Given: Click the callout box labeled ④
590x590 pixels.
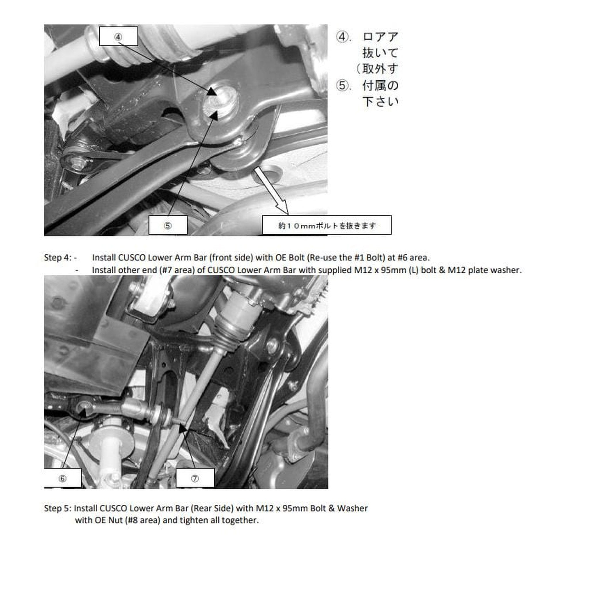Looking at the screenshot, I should (x=118, y=36).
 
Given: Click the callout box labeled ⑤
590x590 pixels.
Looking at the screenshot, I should (x=168, y=225).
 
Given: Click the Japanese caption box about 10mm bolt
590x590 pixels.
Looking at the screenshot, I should (x=326, y=225).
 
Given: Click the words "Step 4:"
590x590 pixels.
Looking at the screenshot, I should (x=57, y=258).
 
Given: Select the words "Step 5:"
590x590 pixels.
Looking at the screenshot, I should (x=57, y=508).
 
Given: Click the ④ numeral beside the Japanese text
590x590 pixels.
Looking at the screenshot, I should (x=343, y=37).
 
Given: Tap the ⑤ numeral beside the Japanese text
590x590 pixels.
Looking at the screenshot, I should (x=343, y=86).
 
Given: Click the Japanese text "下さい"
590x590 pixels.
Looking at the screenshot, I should (x=380, y=102).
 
